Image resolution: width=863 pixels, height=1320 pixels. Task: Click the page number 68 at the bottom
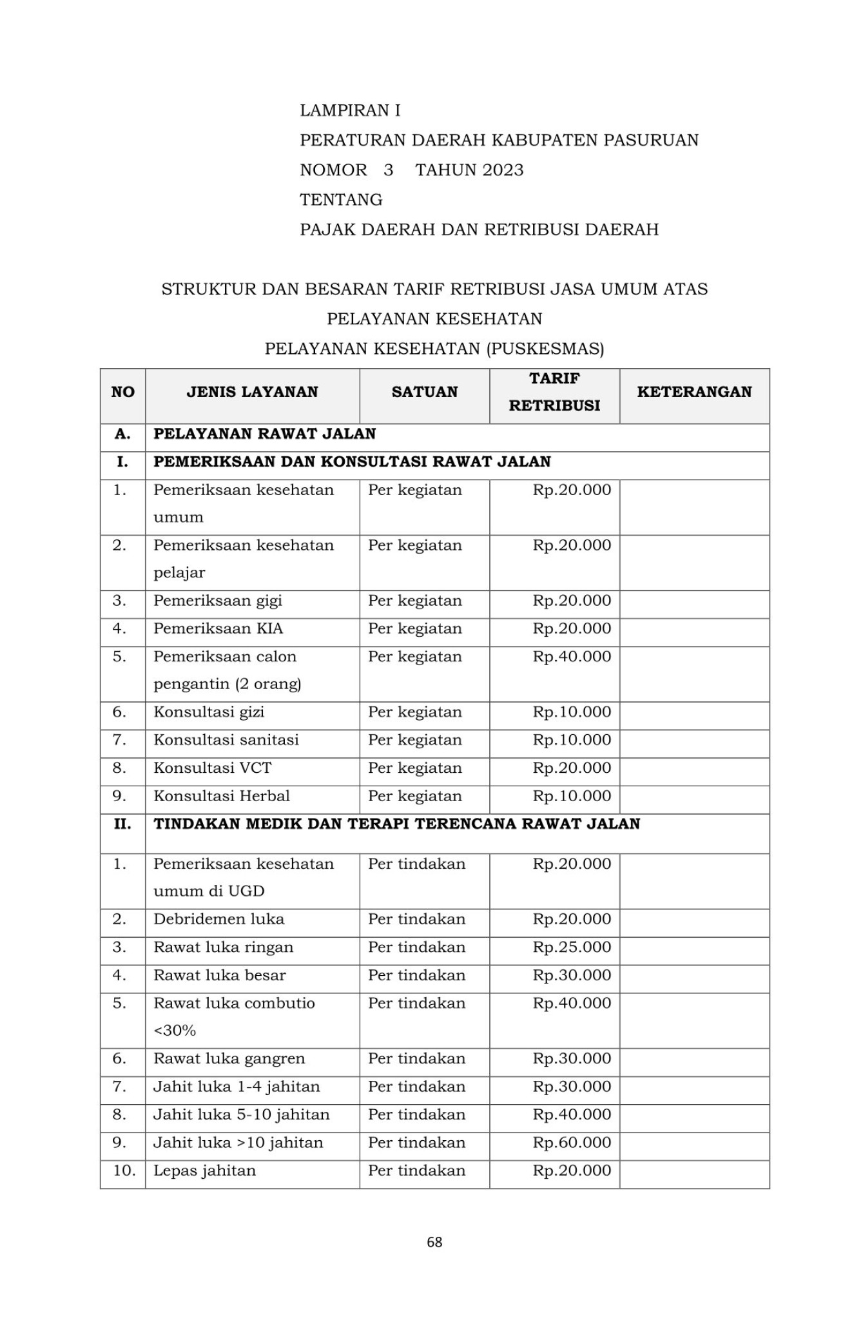pyautogui.click(x=434, y=1242)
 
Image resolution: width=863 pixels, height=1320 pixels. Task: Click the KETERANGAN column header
pyautogui.click(x=693, y=392)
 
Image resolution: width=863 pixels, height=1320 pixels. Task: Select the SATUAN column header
pyautogui.click(x=424, y=392)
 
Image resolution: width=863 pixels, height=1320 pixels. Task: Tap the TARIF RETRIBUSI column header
pyautogui.click(x=554, y=392)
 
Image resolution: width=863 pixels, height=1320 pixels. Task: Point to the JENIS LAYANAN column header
pyautogui.click(x=252, y=392)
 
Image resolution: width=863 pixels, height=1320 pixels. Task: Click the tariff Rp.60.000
pyautogui.click(x=572, y=1143)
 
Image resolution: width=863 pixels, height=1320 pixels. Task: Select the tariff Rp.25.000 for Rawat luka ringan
pyautogui.click(x=572, y=947)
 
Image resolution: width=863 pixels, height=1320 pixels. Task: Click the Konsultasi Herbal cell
pyautogui.click(x=222, y=796)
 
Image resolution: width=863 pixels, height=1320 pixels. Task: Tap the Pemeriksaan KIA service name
pyautogui.click(x=218, y=628)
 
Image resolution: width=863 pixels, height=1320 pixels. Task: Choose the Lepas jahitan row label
pyautogui.click(x=204, y=1170)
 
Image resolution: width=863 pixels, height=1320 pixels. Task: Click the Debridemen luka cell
pyautogui.click(x=218, y=919)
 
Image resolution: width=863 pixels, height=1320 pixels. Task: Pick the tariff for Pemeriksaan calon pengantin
pyautogui.click(x=572, y=657)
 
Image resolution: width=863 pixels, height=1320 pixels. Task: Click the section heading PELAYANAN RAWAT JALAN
pyautogui.click(x=264, y=434)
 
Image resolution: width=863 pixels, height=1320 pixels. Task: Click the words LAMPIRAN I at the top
pyautogui.click(x=350, y=110)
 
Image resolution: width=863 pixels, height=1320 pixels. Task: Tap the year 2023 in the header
pyautogui.click(x=503, y=170)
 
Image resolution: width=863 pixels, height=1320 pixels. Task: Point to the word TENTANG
pyautogui.click(x=341, y=200)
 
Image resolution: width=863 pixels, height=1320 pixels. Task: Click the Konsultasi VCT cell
pyautogui.click(x=212, y=768)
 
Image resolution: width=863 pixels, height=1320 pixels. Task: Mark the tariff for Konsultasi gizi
pyautogui.click(x=572, y=712)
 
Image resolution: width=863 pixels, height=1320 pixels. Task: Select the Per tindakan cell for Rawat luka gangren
pyautogui.click(x=416, y=1059)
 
